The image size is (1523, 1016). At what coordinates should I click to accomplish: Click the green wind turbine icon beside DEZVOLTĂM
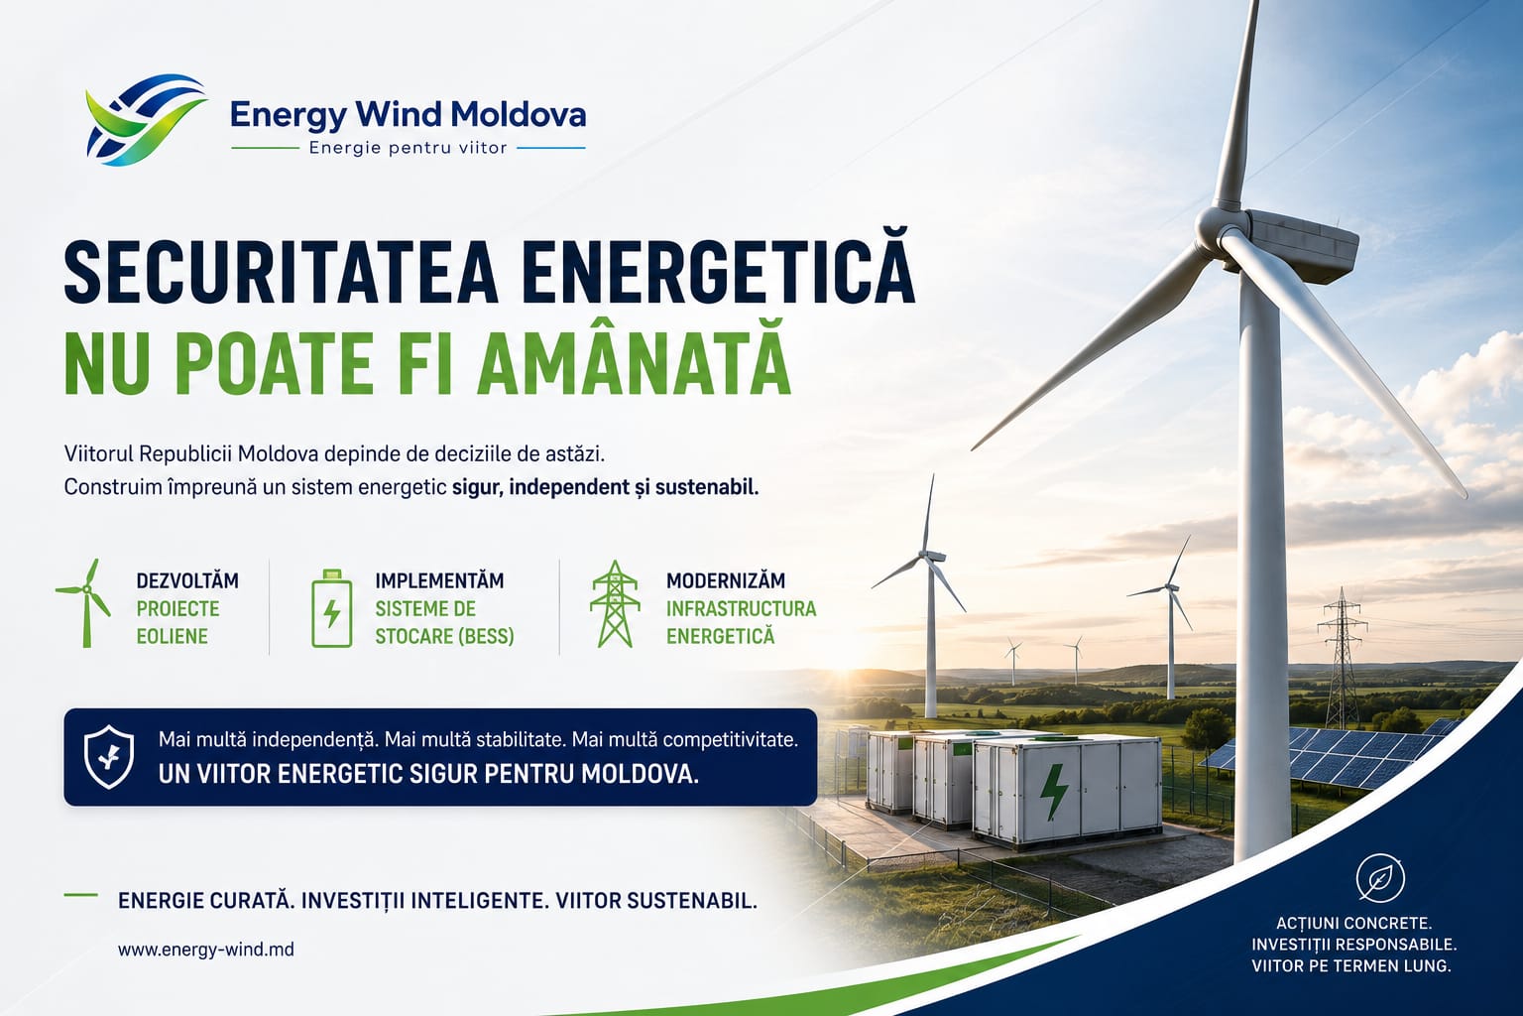[83, 603]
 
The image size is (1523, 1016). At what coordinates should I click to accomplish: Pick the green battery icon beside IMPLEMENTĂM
[332, 608]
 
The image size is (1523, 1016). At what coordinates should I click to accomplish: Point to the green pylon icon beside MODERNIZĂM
[615, 603]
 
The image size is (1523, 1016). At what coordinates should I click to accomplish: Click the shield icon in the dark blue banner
[109, 757]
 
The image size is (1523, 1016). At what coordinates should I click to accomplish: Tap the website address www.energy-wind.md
[206, 950]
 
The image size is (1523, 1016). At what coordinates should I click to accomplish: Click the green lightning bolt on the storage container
[1054, 792]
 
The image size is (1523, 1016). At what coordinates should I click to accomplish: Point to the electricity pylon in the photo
[1343, 658]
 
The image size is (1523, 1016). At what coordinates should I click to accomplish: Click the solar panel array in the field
[1333, 752]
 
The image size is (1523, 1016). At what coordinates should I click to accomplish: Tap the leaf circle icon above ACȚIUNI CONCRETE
[1380, 878]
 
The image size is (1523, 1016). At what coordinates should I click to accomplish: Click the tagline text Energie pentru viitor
[408, 148]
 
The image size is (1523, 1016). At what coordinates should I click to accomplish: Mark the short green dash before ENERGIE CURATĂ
[81, 896]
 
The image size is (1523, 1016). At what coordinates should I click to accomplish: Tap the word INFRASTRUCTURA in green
[741, 608]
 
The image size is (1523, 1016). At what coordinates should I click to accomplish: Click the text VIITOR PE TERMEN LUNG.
[1351, 965]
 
